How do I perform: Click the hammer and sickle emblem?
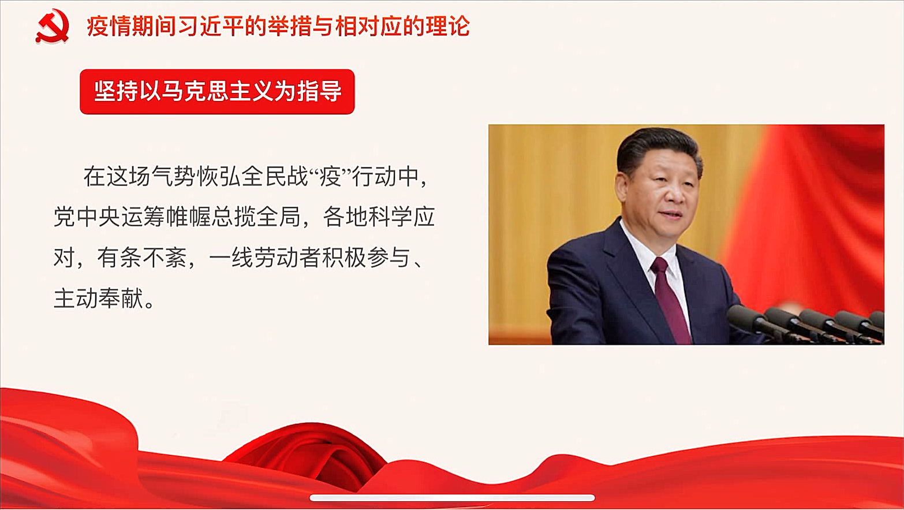point(53,26)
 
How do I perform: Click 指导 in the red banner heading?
point(320,91)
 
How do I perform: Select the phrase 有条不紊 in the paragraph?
point(141,258)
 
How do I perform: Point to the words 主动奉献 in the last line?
point(99,299)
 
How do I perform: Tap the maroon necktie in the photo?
point(671,298)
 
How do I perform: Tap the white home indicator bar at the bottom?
point(452,498)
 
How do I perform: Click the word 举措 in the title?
point(294,26)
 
